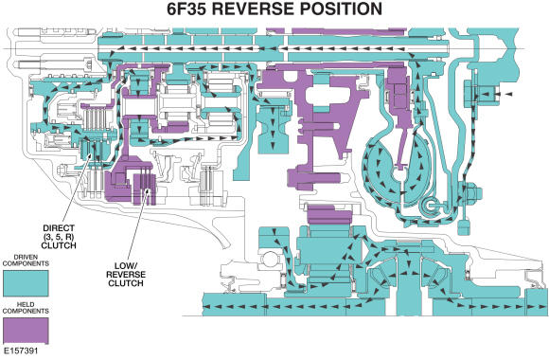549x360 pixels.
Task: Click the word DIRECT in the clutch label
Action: point(59,226)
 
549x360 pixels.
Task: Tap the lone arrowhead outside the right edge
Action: point(508,95)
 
